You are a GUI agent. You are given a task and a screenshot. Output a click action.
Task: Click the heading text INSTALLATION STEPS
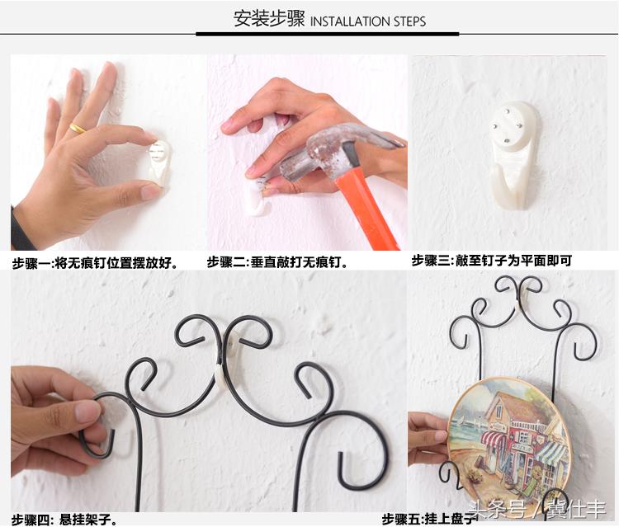pos(368,21)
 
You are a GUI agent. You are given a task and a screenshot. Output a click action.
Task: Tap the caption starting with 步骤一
pos(95,264)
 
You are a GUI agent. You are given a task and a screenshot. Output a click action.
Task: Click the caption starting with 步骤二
pos(277,263)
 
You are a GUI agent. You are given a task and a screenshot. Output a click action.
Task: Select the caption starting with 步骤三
pos(491,261)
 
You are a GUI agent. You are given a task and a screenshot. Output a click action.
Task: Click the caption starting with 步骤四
pos(64,519)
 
